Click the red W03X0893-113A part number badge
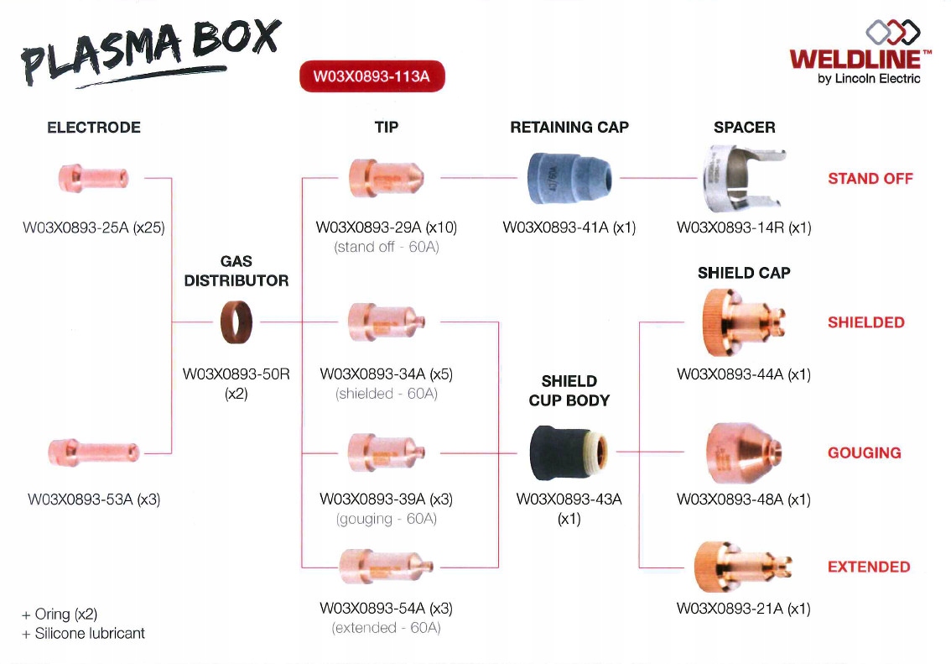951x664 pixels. click(372, 76)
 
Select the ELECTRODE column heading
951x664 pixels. click(94, 128)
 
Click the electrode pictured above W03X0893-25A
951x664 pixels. click(93, 178)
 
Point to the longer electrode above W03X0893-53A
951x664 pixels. click(94, 452)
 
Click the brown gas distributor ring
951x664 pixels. click(236, 322)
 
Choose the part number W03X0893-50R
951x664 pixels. click(236, 374)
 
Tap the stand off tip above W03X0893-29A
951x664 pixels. click(387, 178)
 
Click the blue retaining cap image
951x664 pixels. click(569, 178)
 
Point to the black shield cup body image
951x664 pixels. click(568, 452)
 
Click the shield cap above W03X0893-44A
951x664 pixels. click(745, 322)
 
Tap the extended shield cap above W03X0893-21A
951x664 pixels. click(745, 567)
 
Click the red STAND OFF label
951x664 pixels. click(870, 179)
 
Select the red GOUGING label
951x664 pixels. click(864, 453)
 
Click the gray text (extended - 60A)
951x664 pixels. click(387, 628)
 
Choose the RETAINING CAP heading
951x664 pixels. click(569, 128)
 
